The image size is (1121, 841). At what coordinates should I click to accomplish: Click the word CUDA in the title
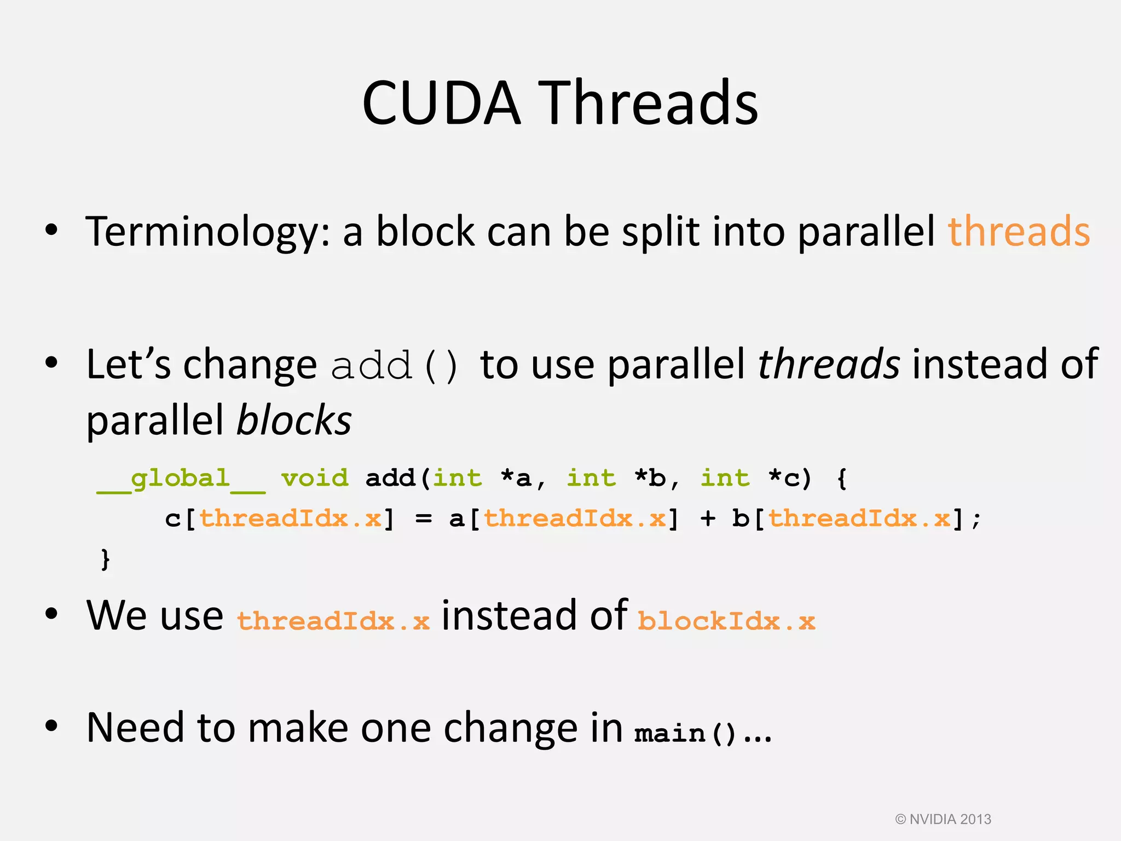[441, 103]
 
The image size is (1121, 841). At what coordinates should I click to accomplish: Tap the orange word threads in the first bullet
[1019, 232]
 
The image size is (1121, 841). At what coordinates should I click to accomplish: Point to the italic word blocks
[294, 420]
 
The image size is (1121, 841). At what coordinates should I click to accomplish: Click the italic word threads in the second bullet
[829, 364]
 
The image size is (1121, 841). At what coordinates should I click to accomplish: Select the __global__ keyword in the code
[181, 479]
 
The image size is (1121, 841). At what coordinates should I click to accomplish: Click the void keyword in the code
[315, 478]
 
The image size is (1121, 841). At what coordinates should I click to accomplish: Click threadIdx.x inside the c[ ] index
[291, 519]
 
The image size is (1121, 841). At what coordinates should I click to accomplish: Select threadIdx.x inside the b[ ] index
[859, 519]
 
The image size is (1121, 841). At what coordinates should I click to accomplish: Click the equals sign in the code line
[423, 519]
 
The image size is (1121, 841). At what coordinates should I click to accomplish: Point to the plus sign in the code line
[708, 519]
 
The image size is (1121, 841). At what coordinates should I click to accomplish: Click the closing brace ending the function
[105, 559]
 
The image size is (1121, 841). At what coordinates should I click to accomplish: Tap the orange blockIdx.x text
[726, 621]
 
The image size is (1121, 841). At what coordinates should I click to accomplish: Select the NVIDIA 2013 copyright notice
[943, 819]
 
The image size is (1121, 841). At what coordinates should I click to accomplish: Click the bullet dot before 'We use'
[51, 614]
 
